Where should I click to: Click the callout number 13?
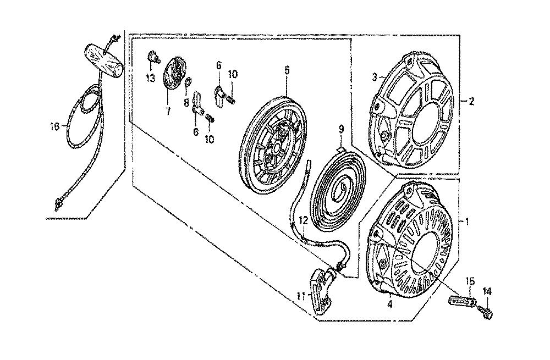(151, 78)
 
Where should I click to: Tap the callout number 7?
(168, 112)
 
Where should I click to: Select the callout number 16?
(54, 126)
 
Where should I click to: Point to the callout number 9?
(341, 129)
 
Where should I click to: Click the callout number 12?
(304, 220)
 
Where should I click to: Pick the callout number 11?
(301, 296)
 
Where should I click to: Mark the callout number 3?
(375, 77)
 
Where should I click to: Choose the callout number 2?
(471, 102)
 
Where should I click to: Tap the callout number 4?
(390, 304)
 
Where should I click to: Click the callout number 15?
(470, 281)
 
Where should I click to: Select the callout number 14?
(487, 291)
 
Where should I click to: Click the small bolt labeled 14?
(486, 311)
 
